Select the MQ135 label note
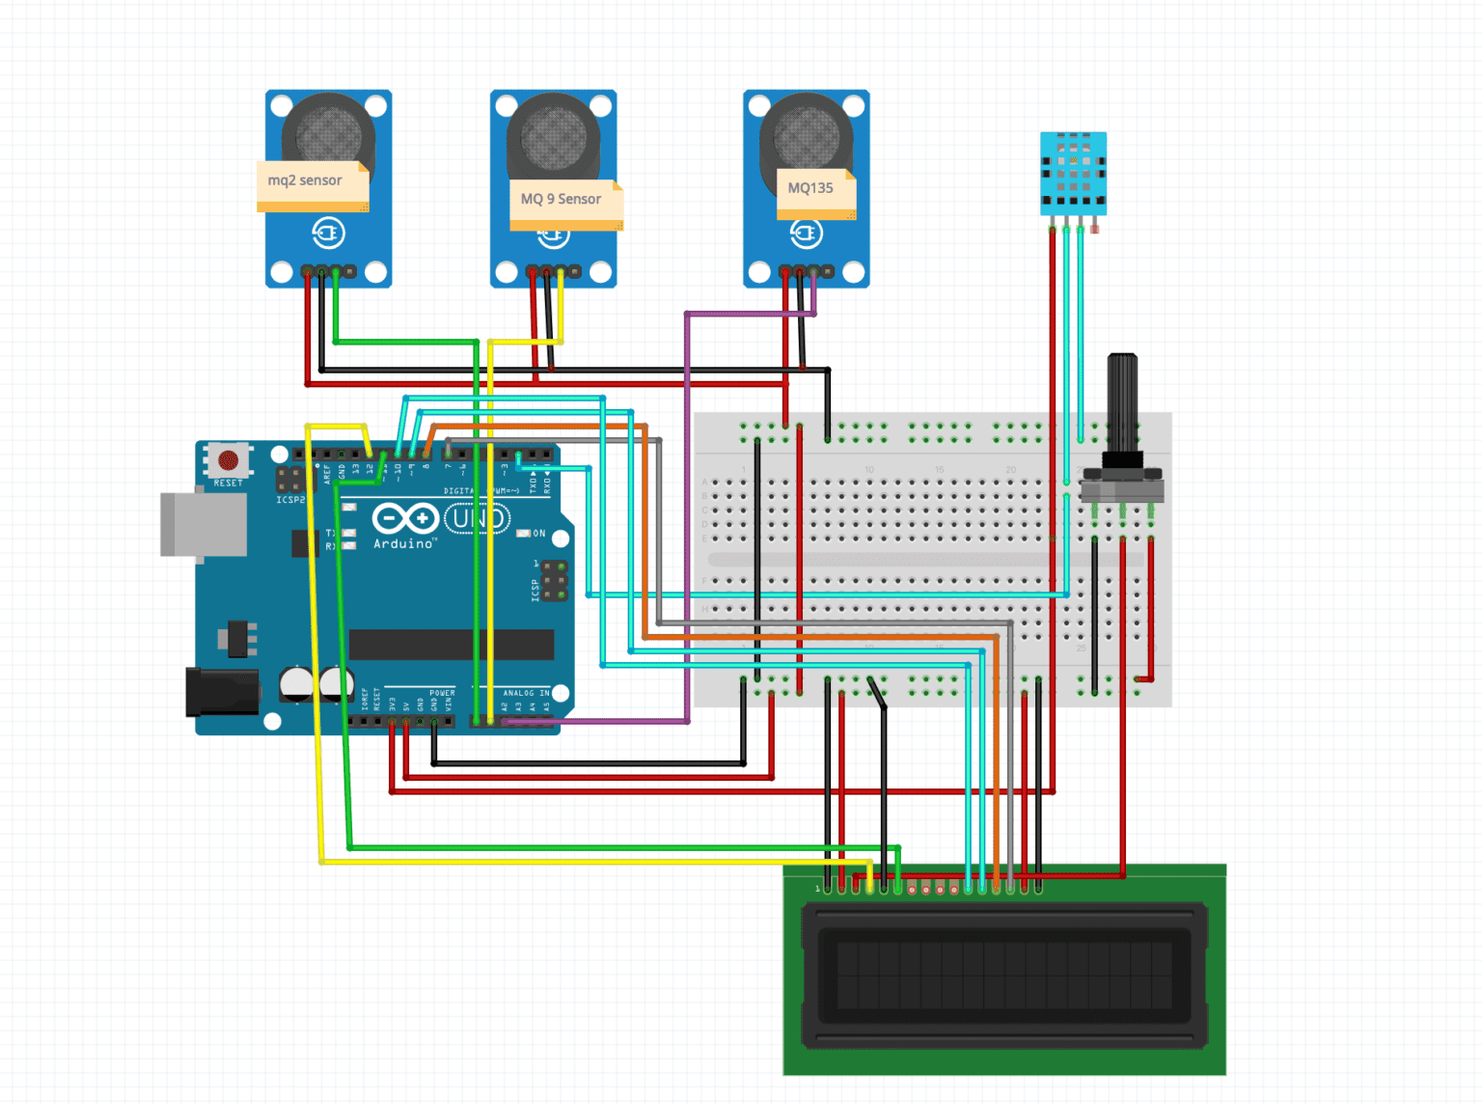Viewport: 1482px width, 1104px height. click(x=813, y=190)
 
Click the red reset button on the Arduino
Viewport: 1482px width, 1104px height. click(x=229, y=460)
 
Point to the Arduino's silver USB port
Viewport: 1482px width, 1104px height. click(x=202, y=524)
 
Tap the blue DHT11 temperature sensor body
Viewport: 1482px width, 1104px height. click(x=1073, y=173)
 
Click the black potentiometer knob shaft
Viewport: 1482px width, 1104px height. click(x=1122, y=400)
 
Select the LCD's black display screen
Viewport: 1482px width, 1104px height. click(x=1003, y=975)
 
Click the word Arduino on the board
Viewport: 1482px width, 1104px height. click(x=403, y=544)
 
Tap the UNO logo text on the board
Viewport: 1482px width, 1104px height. click(x=476, y=519)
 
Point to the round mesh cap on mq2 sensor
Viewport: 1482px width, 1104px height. click(x=329, y=133)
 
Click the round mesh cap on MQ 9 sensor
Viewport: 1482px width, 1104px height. click(x=554, y=133)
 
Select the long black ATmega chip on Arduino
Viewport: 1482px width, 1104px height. click(x=451, y=645)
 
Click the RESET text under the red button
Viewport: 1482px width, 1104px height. click(x=229, y=483)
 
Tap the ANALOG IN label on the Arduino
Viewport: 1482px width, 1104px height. click(x=526, y=693)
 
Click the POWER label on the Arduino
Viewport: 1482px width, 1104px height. click(x=442, y=693)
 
